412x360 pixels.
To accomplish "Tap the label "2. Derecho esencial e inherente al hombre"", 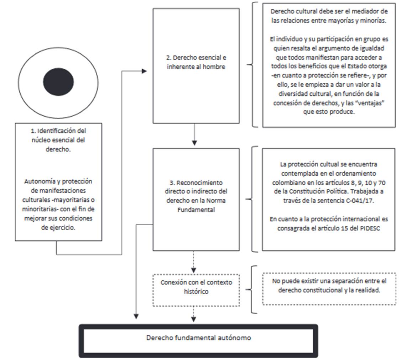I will (x=196, y=62).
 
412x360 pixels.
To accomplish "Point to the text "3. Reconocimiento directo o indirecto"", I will (x=196, y=187).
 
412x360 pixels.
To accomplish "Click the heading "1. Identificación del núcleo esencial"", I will (x=58, y=140).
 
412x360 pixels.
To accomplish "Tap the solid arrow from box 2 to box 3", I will (x=194, y=134).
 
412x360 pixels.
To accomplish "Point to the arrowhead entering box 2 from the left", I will (x=144, y=71).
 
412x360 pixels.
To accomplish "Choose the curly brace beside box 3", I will (x=252, y=199).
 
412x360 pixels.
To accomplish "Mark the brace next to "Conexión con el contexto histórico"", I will (x=252, y=289).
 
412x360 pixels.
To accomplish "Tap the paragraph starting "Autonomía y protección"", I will (x=58, y=204).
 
